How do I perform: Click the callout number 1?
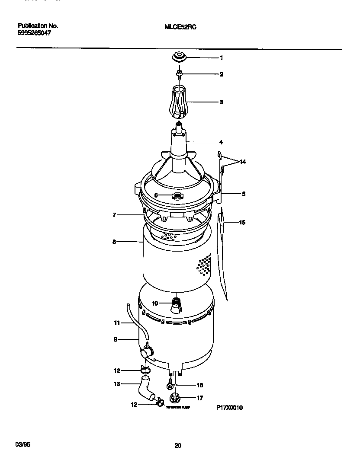click(x=221, y=57)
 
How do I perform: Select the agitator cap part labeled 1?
click(x=178, y=57)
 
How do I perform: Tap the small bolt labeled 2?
click(x=178, y=75)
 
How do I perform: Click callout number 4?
click(x=221, y=142)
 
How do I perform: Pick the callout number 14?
click(x=242, y=162)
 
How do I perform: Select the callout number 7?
click(x=114, y=215)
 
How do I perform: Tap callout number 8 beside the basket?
click(x=114, y=243)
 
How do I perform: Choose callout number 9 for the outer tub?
click(x=116, y=340)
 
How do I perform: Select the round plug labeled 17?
click(x=177, y=398)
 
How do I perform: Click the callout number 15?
click(x=242, y=223)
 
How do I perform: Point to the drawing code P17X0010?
click(x=230, y=407)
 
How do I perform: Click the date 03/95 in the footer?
click(x=22, y=445)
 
